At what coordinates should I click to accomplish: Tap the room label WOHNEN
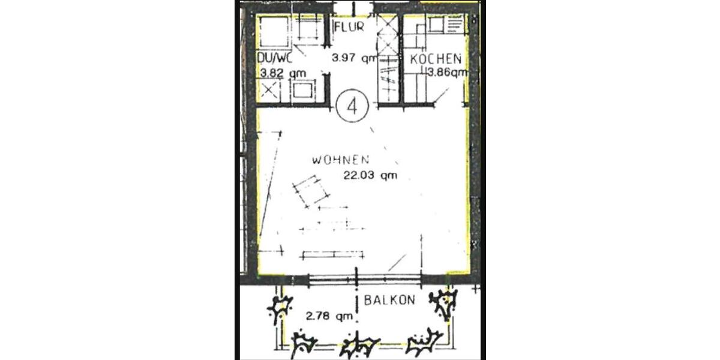(340, 160)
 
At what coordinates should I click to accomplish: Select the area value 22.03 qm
(370, 176)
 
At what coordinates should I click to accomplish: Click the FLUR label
(349, 28)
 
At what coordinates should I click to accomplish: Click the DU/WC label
(274, 59)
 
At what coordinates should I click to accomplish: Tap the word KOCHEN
(436, 59)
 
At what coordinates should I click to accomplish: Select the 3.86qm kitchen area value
(447, 73)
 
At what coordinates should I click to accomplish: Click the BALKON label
(389, 301)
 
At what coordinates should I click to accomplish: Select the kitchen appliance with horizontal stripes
(454, 25)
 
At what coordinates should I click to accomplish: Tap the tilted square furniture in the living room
(309, 191)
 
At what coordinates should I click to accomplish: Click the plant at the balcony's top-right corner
(445, 304)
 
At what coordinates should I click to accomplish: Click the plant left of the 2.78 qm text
(279, 310)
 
